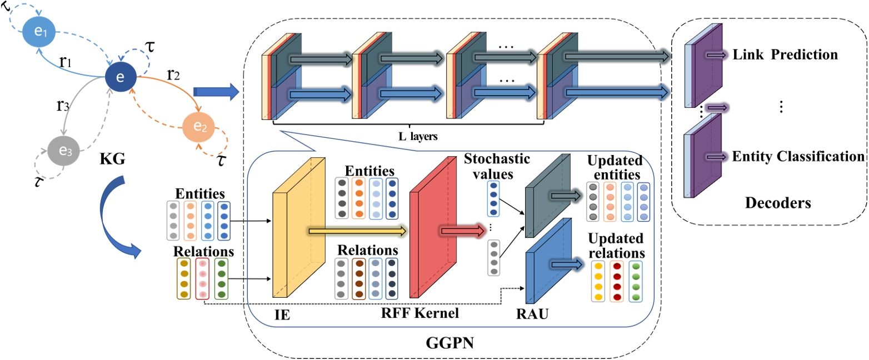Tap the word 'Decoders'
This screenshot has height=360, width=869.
pos(778,203)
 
